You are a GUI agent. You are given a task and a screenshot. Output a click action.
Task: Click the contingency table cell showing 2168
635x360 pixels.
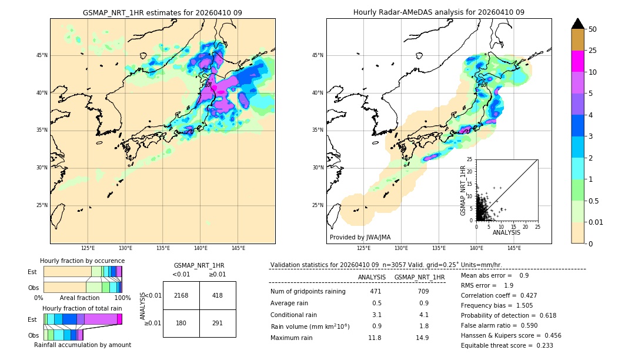tap(181, 295)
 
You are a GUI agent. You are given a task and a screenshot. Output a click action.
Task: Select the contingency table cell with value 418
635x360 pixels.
tap(218, 295)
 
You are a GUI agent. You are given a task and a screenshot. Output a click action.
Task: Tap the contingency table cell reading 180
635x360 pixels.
tap(181, 323)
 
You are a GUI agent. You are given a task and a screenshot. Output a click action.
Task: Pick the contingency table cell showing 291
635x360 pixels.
tap(218, 323)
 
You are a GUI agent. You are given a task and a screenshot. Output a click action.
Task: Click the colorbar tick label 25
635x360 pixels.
tap(593, 51)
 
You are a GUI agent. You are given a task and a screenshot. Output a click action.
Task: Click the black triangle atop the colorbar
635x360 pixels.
tap(578, 24)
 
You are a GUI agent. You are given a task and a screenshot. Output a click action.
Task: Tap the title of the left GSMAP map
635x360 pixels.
tap(162, 12)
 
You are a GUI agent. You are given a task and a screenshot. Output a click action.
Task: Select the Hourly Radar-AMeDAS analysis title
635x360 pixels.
tap(439, 12)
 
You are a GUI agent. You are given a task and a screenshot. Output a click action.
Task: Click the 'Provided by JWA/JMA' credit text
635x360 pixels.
tap(360, 238)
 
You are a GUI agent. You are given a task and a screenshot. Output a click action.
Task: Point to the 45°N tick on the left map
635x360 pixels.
tap(42, 55)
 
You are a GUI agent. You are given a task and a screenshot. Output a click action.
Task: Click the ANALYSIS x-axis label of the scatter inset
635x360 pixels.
tap(506, 232)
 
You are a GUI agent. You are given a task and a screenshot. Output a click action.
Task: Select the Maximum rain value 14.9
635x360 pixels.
tap(423, 338)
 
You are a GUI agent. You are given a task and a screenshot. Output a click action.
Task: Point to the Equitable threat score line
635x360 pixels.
tap(507, 345)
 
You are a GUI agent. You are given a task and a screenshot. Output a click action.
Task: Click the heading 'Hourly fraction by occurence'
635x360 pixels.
tap(82, 261)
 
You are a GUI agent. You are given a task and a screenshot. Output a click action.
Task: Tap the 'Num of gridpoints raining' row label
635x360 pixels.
tap(308, 291)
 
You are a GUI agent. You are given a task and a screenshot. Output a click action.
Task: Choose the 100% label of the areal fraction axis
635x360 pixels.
tap(122, 298)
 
